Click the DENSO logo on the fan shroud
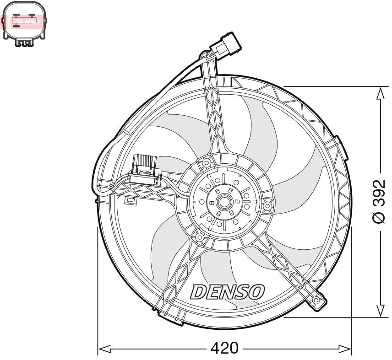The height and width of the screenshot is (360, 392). click(228, 291)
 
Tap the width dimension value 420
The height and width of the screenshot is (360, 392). click(224, 349)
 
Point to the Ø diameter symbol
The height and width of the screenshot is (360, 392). click(380, 218)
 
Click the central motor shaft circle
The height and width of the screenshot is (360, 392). click(224, 201)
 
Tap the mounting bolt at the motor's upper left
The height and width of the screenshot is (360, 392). click(207, 163)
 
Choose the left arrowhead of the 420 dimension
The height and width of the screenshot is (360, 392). click(105, 349)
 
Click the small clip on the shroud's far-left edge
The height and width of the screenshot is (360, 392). click(96, 200)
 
